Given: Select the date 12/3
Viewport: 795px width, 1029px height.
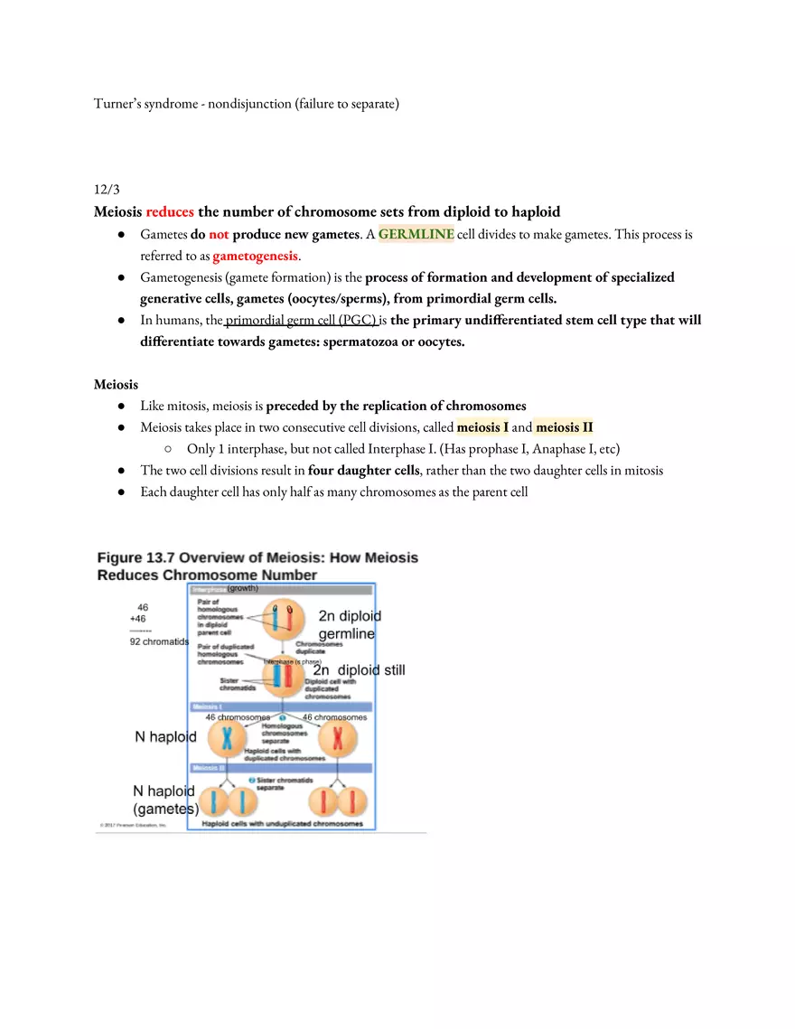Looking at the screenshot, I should pyautogui.click(x=107, y=190).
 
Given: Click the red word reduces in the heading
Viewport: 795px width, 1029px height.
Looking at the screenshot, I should pyautogui.click(x=170, y=212).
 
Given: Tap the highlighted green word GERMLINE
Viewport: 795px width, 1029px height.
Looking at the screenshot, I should pyautogui.click(x=416, y=235).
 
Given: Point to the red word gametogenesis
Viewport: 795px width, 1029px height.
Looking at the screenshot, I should pyautogui.click(x=255, y=257).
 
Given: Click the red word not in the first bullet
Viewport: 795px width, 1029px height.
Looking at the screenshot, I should pyautogui.click(x=219, y=235).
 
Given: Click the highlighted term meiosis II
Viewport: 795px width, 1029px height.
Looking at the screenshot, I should pyautogui.click(x=564, y=427).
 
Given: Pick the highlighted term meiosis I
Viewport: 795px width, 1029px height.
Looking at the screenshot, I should pyautogui.click(x=482, y=427).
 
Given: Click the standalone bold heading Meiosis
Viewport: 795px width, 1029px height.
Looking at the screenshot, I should pyautogui.click(x=116, y=385).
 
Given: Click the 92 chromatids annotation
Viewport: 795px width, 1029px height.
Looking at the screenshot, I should pyautogui.click(x=159, y=642).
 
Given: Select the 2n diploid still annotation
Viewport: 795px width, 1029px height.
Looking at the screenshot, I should pyautogui.click(x=359, y=670).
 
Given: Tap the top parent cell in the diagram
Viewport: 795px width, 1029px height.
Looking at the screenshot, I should pyautogui.click(x=281, y=622).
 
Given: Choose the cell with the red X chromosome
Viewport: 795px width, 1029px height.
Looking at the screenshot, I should pyautogui.click(x=338, y=739).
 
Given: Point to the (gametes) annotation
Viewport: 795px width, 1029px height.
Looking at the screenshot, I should pyautogui.click(x=166, y=809).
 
